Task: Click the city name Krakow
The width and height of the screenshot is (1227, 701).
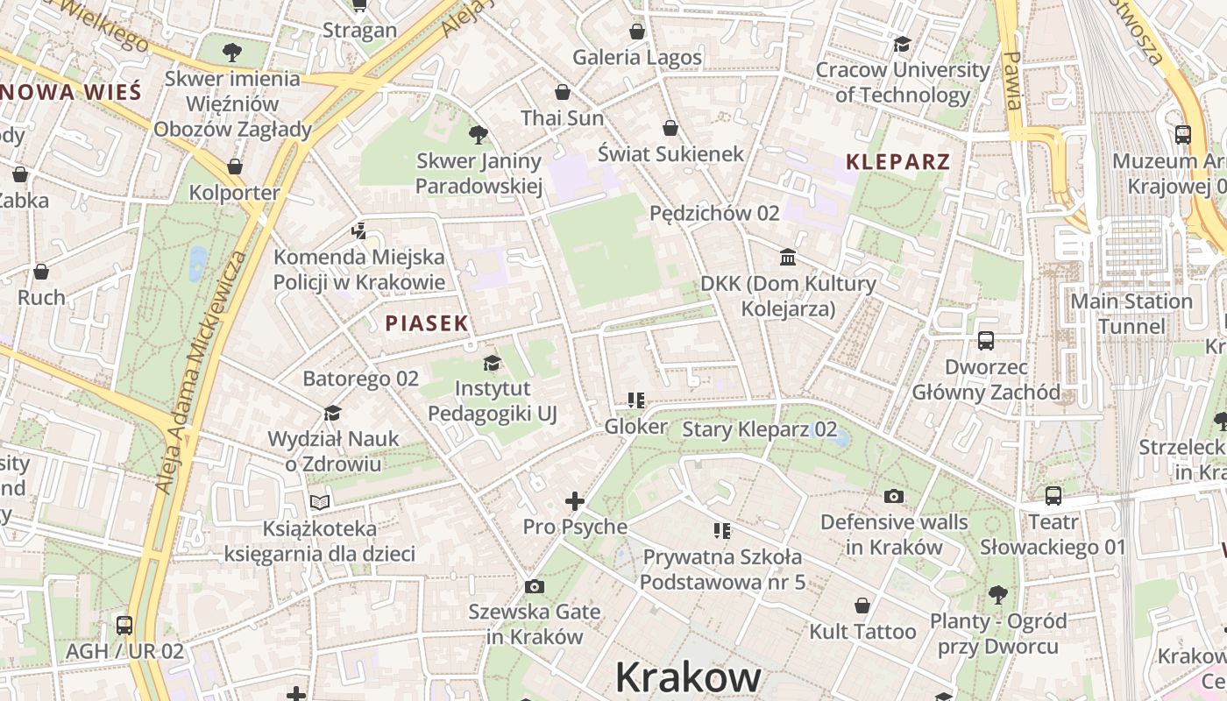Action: pos(688,677)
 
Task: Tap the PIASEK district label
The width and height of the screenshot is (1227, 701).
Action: pos(427,323)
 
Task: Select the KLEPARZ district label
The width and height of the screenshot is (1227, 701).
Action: pos(898,162)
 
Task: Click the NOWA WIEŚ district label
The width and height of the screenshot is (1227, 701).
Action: pos(72,92)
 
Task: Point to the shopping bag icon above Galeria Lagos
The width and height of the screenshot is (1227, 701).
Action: pos(637,32)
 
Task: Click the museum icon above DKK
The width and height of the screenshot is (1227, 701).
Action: pos(788,258)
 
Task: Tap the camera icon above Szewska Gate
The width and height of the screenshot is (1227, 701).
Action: pos(534,586)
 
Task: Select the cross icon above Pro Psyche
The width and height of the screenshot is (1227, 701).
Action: pos(575,501)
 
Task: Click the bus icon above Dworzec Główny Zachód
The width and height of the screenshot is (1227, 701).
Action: pos(986,341)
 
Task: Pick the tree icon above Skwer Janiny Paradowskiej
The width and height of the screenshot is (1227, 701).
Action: pos(479,135)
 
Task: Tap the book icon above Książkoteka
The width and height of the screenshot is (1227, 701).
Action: pos(320,503)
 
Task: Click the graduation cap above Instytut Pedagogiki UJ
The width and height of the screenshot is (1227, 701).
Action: pos(492,363)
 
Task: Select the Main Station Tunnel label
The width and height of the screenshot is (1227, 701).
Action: pos(1131,314)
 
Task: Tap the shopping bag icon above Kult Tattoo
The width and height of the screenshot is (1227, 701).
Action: pos(862,605)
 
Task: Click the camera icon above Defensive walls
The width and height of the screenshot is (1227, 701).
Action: pos(894,497)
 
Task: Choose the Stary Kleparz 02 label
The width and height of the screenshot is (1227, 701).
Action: pos(759,429)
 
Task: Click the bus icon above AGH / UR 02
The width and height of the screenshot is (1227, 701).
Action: pos(124,626)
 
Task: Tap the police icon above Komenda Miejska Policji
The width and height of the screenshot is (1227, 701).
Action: pos(358,231)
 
